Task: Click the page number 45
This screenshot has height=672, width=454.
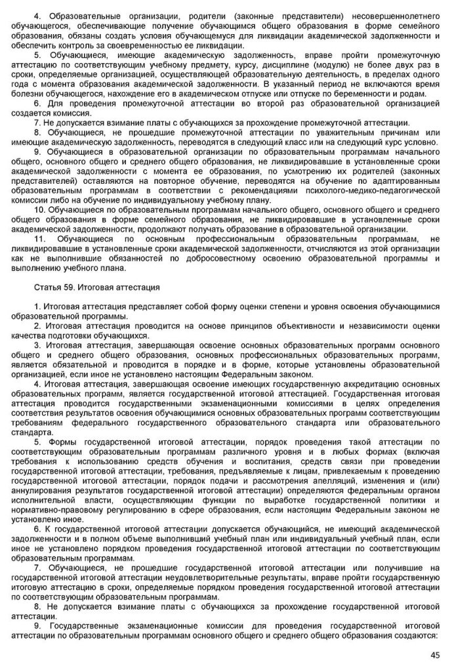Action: [434, 654]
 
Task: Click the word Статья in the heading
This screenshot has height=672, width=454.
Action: [47, 287]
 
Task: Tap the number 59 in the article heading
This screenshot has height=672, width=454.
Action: [70, 287]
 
